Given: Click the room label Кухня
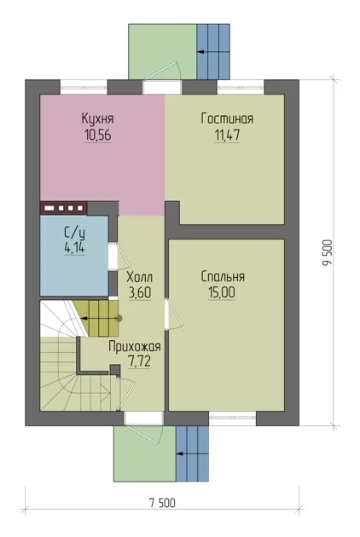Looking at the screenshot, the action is point(98,118).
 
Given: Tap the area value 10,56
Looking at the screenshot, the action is point(98,136).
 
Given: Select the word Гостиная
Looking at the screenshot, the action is point(227,118).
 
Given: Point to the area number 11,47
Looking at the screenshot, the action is point(227,135).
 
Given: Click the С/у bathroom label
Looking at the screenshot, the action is point(74,233).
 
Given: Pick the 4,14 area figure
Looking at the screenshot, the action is point(74,248).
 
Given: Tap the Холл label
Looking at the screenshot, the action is point(140,276).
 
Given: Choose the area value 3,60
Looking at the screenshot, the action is point(140,293).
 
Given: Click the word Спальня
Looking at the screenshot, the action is point(223,276).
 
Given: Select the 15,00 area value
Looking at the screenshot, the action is point(222,293).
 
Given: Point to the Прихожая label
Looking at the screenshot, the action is point(135,346).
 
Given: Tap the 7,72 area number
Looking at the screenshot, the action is point(139,361).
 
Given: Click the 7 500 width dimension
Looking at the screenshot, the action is point(162,503).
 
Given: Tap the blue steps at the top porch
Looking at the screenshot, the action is point(213,51).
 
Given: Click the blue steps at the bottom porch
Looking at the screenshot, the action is point(192,453).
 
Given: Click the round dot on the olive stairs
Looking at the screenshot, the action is point(119,318).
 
